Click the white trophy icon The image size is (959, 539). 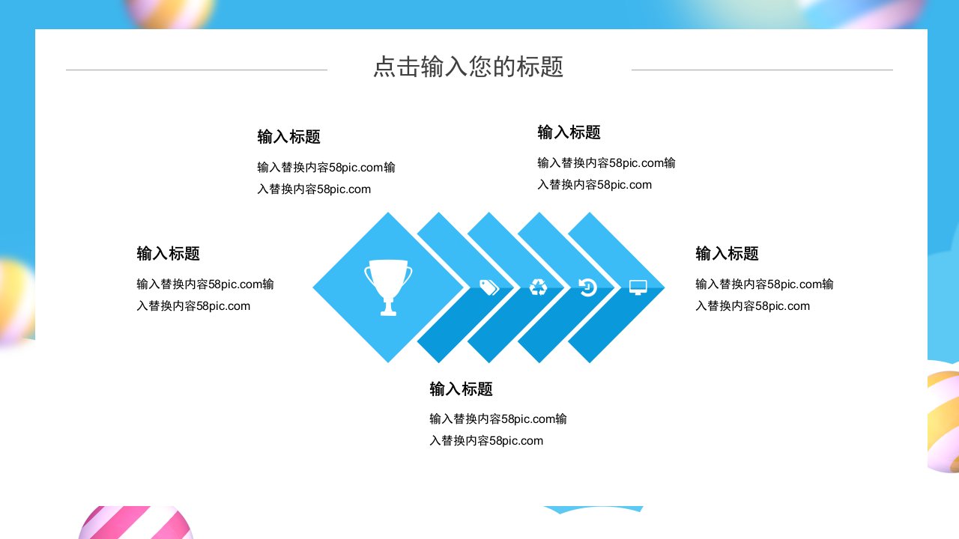[x=388, y=287]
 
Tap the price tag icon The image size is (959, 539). [x=489, y=287]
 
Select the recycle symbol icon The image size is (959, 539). [x=538, y=287]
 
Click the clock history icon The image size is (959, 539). [x=587, y=287]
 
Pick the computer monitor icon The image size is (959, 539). [x=638, y=287]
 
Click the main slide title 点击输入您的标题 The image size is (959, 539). [x=468, y=67]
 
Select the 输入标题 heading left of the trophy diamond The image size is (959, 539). [x=169, y=253]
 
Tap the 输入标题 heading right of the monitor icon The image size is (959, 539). [x=727, y=253]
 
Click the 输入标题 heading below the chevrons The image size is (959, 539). [x=461, y=389]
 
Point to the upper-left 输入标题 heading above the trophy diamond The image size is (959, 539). [x=289, y=137]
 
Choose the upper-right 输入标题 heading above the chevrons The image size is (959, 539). [x=569, y=133]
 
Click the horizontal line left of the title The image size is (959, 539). [x=196, y=70]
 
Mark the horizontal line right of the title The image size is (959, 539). [x=762, y=70]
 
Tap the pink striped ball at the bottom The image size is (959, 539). [x=136, y=523]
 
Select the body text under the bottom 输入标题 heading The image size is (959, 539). [x=498, y=430]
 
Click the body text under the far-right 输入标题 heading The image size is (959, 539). [x=764, y=295]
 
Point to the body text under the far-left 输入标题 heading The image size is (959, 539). [x=205, y=295]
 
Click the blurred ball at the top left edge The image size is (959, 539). [x=170, y=13]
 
